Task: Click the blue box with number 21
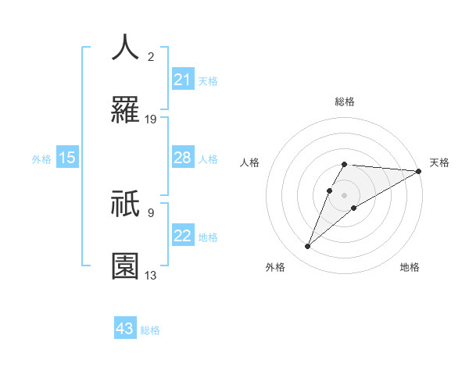click(x=183, y=79)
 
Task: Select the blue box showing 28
click(x=183, y=158)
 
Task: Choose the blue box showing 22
click(x=183, y=236)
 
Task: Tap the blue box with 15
click(x=67, y=158)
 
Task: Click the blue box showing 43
click(x=125, y=329)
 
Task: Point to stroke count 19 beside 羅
click(x=151, y=119)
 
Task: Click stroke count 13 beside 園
click(x=151, y=275)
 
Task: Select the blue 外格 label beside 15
click(x=41, y=159)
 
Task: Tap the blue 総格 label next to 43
click(x=150, y=330)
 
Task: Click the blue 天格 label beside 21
click(x=208, y=80)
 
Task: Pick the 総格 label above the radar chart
click(x=344, y=102)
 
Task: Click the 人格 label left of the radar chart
click(x=250, y=162)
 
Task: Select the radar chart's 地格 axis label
click(x=410, y=267)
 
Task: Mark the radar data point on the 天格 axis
click(x=419, y=171)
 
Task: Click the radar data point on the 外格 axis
click(x=308, y=247)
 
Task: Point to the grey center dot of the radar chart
click(x=344, y=194)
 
